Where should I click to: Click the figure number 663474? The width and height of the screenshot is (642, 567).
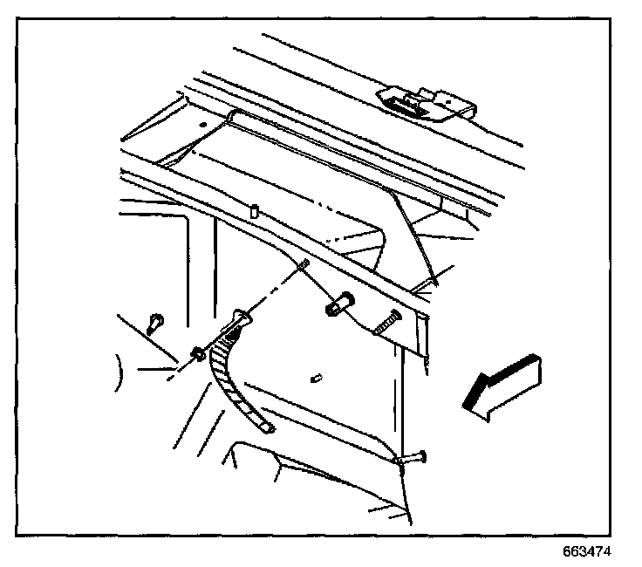point(588,552)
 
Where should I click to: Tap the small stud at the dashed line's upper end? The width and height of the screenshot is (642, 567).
point(300,265)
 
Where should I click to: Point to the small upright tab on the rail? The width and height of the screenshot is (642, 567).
point(252,210)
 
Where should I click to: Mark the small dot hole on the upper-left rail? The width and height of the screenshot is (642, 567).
point(202,125)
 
